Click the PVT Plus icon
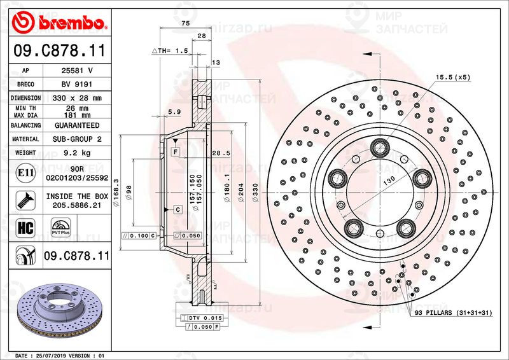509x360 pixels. (x=60, y=228)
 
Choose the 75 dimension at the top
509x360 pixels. (x=185, y=23)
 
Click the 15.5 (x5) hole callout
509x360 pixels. (x=452, y=77)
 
